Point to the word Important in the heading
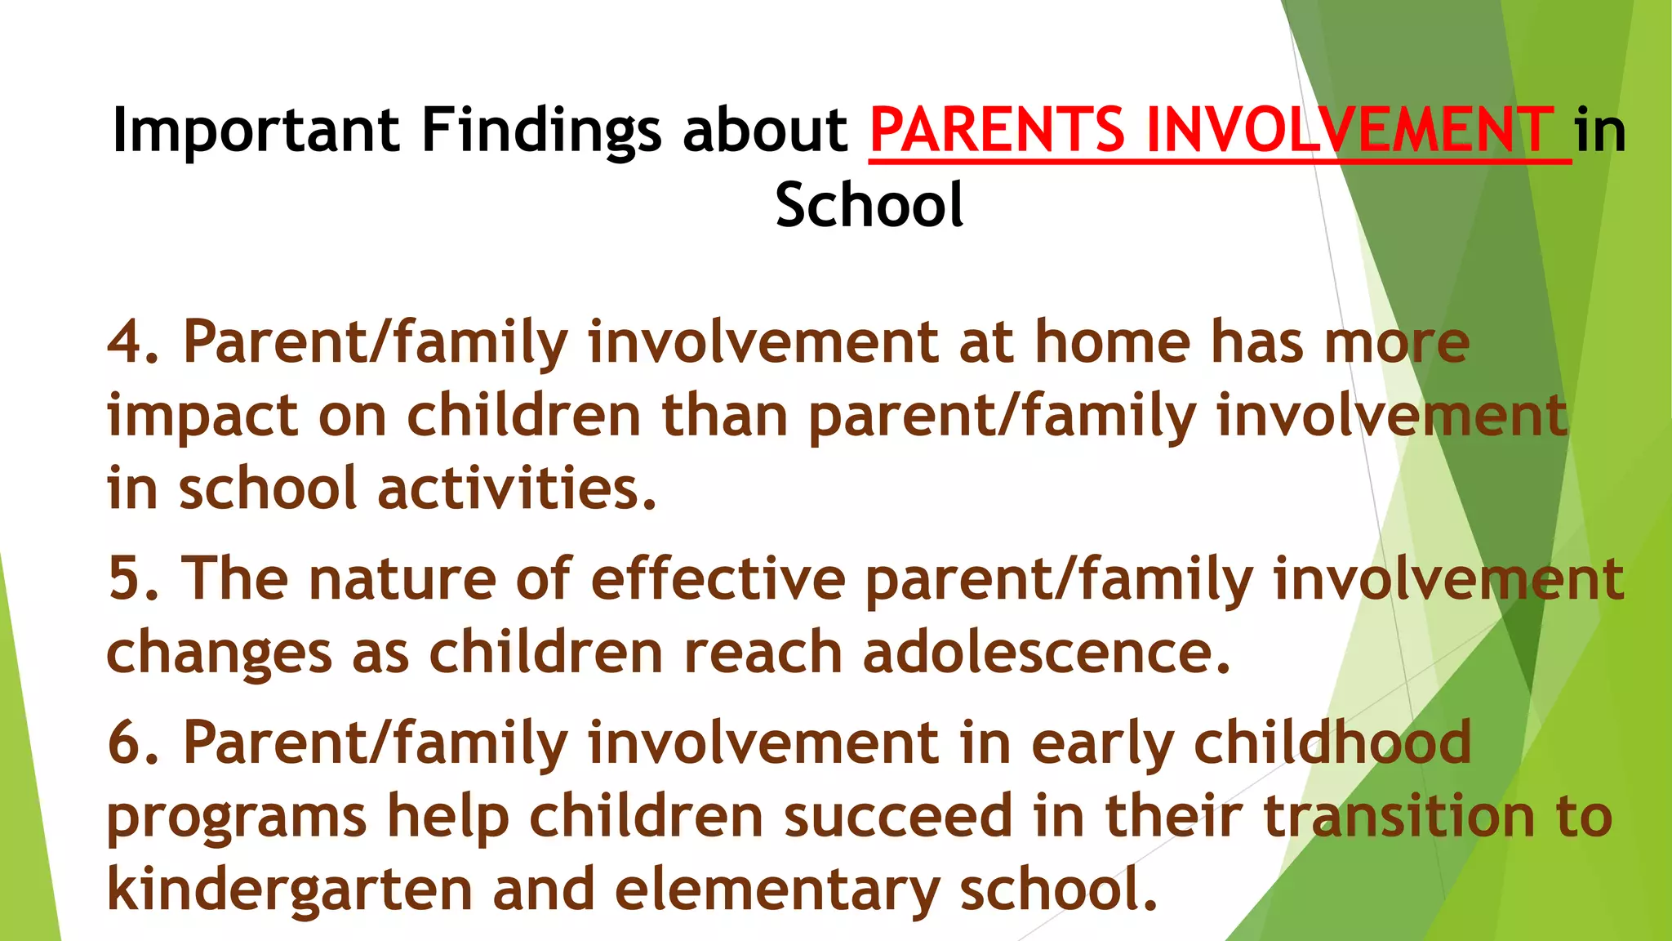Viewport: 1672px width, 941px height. pyautogui.click(x=256, y=131)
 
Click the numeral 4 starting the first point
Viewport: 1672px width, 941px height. pyautogui.click(x=126, y=342)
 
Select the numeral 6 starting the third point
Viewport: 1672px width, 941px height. pyautogui.click(x=126, y=743)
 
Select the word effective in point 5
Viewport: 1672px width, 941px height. pyautogui.click(x=718, y=578)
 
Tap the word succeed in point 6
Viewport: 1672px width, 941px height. pyautogui.click(x=899, y=816)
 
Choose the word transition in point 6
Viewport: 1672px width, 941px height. pyautogui.click(x=1399, y=816)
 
